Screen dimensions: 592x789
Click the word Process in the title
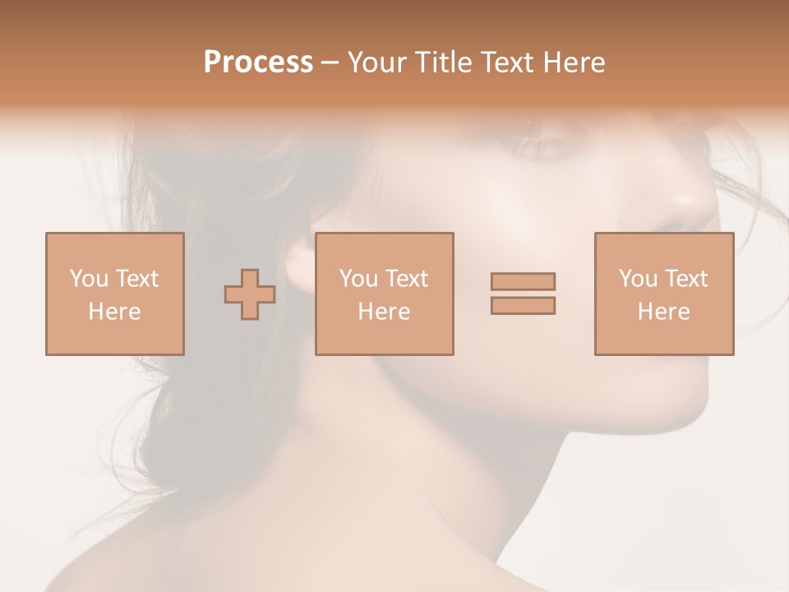(x=258, y=62)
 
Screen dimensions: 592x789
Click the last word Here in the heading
(x=575, y=62)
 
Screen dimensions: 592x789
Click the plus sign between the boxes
(x=250, y=294)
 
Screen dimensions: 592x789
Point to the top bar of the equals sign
(x=523, y=281)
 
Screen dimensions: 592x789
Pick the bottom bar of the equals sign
(x=523, y=305)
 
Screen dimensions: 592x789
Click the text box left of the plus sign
(x=114, y=294)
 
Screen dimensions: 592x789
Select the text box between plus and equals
(x=384, y=294)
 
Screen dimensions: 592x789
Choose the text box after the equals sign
(x=663, y=294)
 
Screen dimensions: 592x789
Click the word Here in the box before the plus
(x=114, y=312)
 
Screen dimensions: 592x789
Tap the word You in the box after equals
(x=638, y=279)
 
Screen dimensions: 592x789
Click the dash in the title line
(x=330, y=62)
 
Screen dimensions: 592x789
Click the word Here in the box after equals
(x=663, y=312)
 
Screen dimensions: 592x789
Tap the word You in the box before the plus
(x=89, y=279)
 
